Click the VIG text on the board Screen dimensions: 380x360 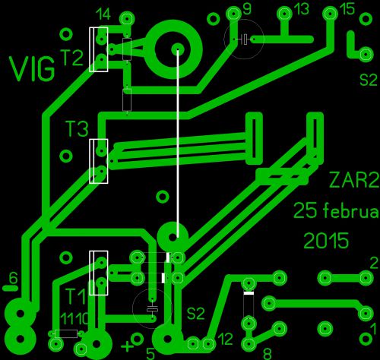[32, 68]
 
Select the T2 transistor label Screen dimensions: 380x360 [71, 58]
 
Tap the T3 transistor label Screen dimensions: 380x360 [77, 128]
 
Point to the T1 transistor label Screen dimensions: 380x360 [76, 296]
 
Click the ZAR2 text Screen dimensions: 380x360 [354, 180]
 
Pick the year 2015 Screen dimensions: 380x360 [326, 241]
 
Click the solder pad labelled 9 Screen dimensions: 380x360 [233, 14]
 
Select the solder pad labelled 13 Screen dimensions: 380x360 [285, 14]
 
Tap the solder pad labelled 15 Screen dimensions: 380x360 [330, 14]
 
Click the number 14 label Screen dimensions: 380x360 [104, 14]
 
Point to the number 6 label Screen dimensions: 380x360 [13, 278]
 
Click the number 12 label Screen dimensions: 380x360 [225, 339]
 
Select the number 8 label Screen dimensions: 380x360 [268, 353]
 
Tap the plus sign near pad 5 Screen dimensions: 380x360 [128, 346]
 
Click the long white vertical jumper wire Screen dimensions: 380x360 [178, 143]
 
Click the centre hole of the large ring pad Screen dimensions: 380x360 [178, 49]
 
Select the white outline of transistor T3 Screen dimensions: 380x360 [99, 161]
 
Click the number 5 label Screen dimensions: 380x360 [150, 354]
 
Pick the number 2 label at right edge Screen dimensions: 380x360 [374, 264]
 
